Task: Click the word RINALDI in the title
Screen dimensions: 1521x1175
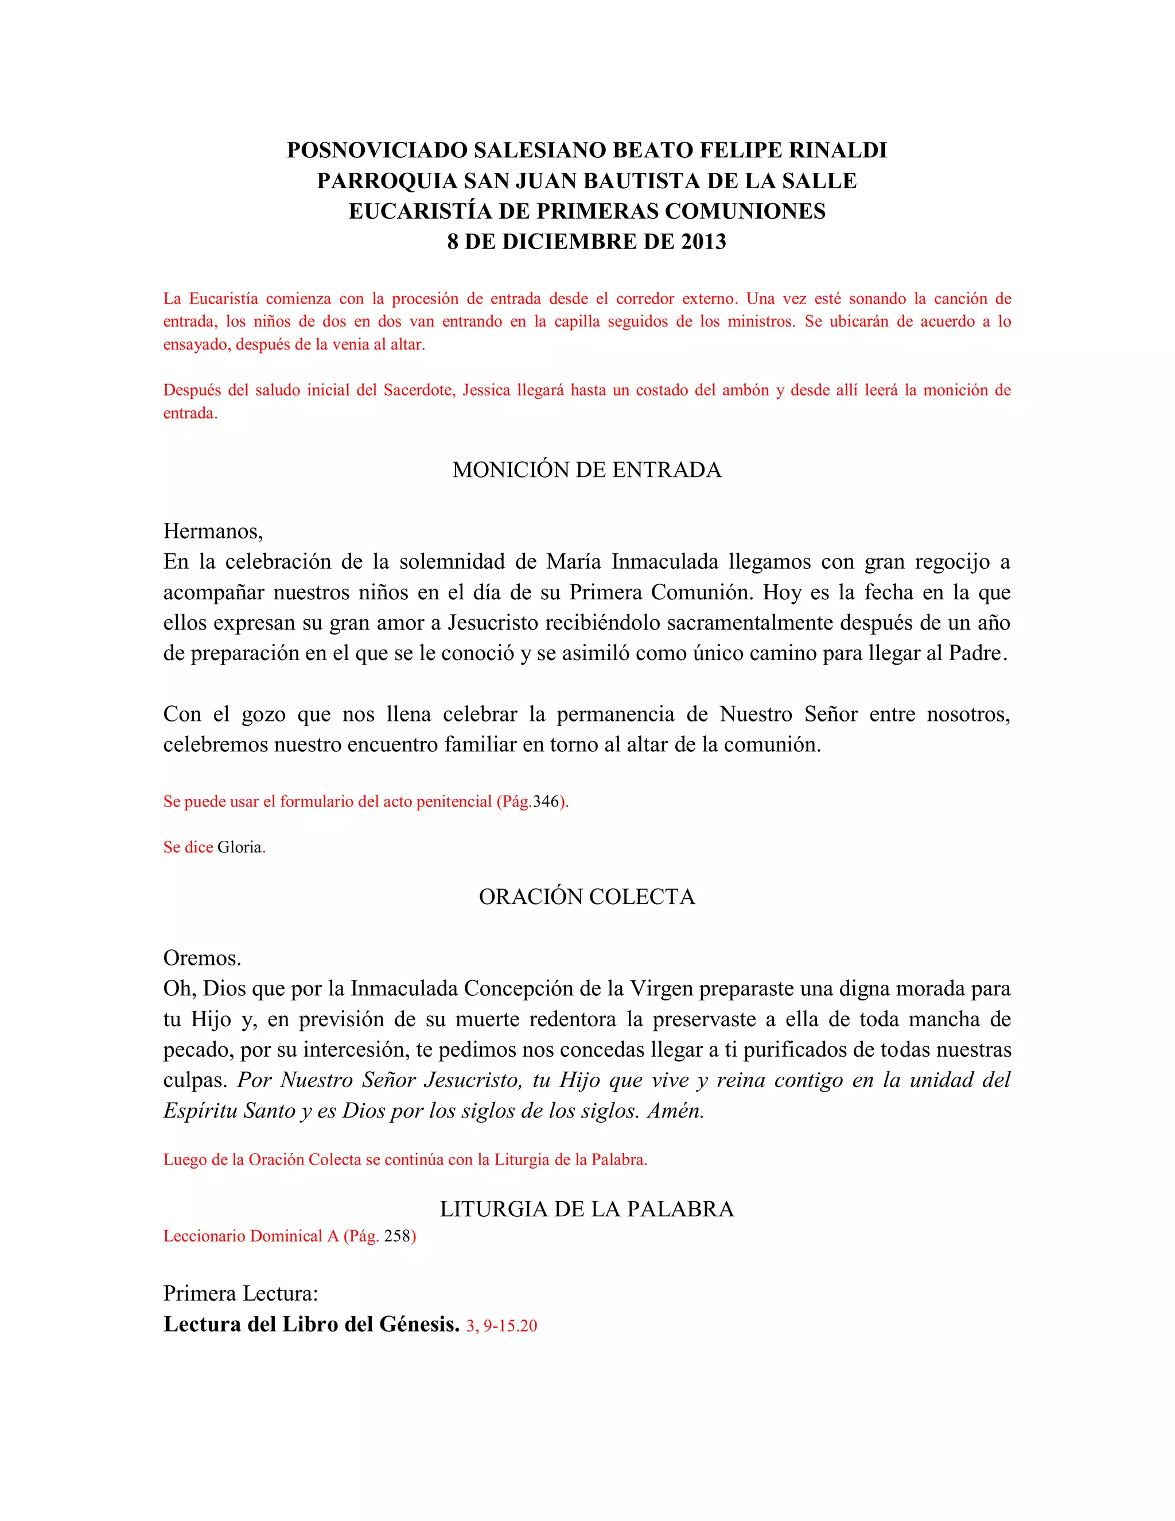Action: pos(830,150)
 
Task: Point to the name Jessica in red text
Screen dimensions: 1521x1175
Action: pos(486,390)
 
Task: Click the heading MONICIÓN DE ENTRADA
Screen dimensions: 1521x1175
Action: pos(587,470)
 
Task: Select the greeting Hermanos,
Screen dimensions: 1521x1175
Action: pos(213,531)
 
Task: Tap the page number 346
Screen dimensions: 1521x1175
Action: pos(546,802)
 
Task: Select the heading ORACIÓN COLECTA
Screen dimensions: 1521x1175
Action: pos(587,897)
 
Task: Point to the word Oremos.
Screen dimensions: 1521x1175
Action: pos(202,959)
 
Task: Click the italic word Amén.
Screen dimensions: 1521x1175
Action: pos(675,1111)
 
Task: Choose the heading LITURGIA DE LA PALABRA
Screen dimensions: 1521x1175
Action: pos(587,1209)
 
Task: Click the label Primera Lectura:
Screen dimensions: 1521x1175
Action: pos(240,1293)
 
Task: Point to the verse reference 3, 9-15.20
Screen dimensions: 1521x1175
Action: pos(502,1326)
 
